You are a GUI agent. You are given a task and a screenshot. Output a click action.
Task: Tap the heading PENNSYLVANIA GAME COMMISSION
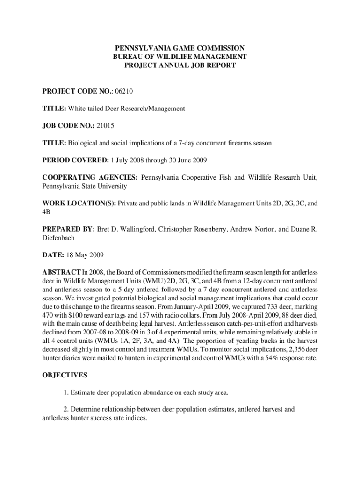pyautogui.click(x=180, y=48)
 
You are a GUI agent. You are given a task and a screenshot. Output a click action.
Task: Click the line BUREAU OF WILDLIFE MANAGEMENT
pyautogui.click(x=180, y=57)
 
